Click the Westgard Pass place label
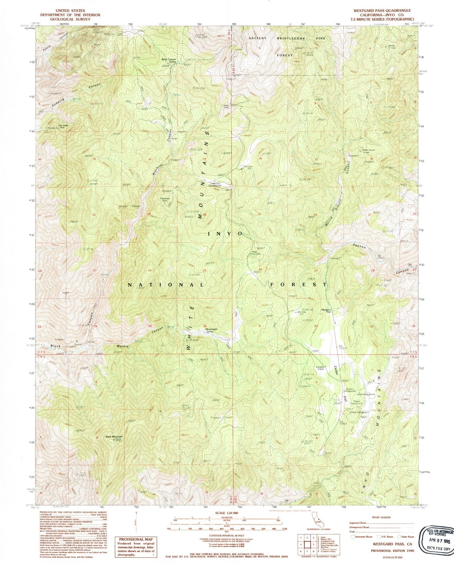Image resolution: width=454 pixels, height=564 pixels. point(326,311)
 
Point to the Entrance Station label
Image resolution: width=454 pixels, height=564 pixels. point(320,368)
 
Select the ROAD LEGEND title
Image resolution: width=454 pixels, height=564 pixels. point(381,517)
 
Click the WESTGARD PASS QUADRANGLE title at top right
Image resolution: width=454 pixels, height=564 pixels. point(382,11)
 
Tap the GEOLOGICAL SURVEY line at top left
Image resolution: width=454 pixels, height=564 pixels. point(70,19)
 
